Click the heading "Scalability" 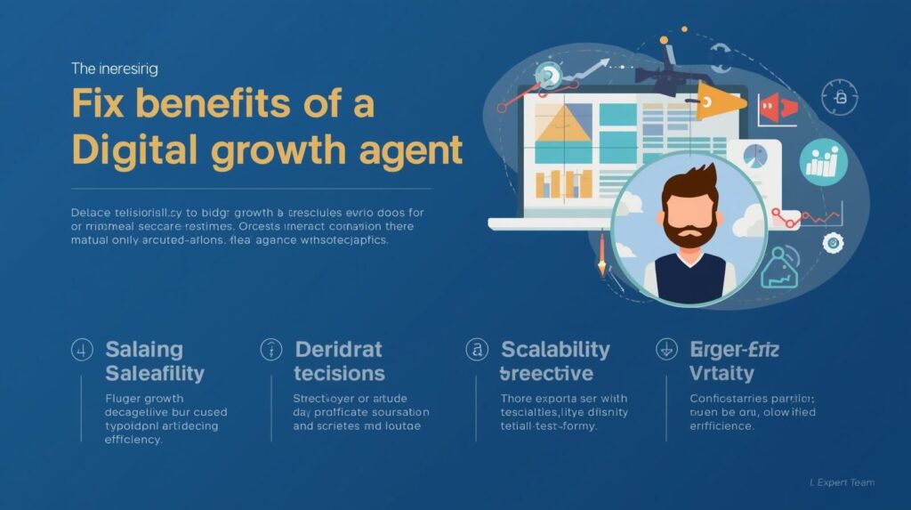point(555,349)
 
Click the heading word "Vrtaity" point(722,373)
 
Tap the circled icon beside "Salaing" point(82,350)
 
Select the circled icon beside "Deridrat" point(270,350)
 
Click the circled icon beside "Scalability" point(477,350)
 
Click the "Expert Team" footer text point(844,482)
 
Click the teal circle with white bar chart point(824,161)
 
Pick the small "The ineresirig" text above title point(114,68)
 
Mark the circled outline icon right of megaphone point(837,95)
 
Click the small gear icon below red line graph point(833,241)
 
